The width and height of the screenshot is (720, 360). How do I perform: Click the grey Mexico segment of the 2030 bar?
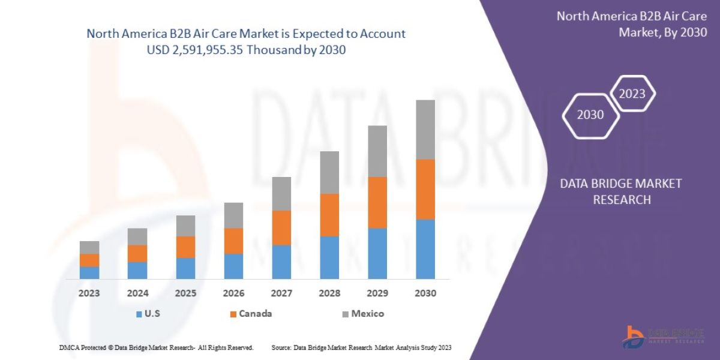(x=425, y=129)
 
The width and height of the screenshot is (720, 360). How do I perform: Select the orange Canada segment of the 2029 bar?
(x=377, y=202)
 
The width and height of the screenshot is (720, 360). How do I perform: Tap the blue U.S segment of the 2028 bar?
(x=329, y=257)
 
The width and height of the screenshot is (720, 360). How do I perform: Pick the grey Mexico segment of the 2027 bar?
(x=281, y=193)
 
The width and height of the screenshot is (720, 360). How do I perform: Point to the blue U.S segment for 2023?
(x=89, y=272)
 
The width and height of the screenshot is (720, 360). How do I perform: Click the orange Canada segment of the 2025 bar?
(x=185, y=247)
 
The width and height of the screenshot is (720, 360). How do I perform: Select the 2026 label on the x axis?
(x=233, y=293)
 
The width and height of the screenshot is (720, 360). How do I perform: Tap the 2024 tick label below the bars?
(x=137, y=293)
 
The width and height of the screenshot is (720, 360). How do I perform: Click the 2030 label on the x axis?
(x=425, y=293)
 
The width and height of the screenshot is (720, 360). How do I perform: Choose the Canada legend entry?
(x=250, y=313)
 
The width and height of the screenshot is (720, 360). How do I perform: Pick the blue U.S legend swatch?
(x=139, y=314)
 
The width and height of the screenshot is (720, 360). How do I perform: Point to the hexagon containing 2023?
(x=632, y=94)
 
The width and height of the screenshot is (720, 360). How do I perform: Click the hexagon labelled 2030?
(x=590, y=115)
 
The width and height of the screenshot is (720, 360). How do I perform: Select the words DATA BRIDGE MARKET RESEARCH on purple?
(x=621, y=191)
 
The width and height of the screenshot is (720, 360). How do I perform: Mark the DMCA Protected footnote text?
(x=156, y=347)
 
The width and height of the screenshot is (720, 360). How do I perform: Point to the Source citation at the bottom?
(x=361, y=347)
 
